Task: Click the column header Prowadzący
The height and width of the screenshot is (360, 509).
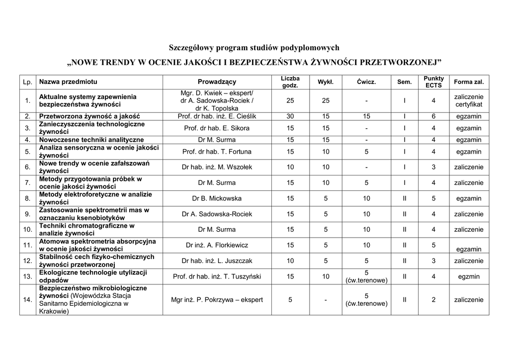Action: coord(217,82)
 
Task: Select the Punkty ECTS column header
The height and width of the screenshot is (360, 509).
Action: coord(433,82)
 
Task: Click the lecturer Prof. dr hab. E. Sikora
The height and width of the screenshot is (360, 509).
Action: coord(217,128)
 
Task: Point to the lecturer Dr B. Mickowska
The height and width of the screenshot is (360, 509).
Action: coord(217,198)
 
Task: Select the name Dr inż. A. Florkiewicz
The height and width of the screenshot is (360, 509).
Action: coord(217,245)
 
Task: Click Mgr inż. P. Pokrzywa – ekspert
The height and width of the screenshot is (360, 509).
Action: coord(217,300)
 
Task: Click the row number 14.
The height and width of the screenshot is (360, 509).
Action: coord(28,300)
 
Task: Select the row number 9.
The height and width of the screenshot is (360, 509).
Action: coord(28,214)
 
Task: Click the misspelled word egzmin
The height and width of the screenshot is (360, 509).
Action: coord(468,276)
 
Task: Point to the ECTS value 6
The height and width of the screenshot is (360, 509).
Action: coord(433,116)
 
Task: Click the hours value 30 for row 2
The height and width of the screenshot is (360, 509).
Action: coord(290,116)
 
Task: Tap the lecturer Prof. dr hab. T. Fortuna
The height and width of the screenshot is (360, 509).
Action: coord(217,152)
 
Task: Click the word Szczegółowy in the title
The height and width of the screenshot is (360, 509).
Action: coord(191,48)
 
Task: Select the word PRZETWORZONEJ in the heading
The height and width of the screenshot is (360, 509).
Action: coord(398,63)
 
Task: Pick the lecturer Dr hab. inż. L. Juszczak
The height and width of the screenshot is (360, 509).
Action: coord(217,261)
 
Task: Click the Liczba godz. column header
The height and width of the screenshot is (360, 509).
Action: coord(290,82)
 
